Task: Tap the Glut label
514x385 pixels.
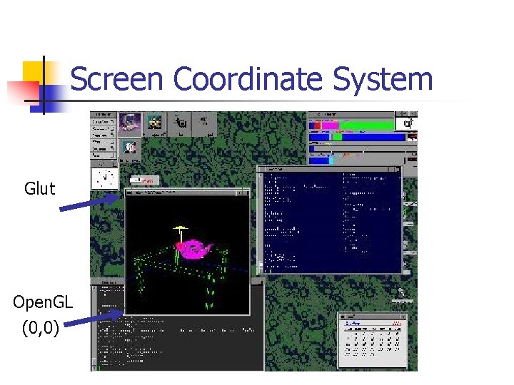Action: coord(39,188)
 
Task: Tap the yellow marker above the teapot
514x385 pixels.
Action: coord(180,228)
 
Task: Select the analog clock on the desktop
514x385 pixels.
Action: coord(105,177)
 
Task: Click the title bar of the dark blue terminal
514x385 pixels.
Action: coord(329,169)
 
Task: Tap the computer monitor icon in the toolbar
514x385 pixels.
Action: coord(130,123)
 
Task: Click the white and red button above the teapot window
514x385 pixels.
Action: coord(143,181)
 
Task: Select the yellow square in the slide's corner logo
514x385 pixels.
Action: coord(34,72)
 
